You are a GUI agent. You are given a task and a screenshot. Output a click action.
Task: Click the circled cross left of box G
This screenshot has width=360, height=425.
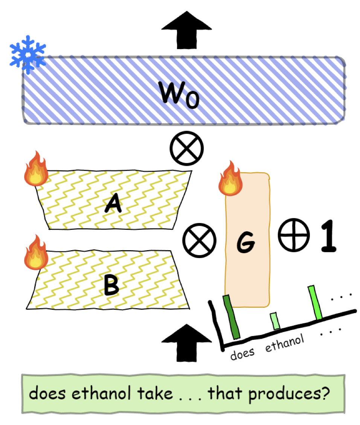199,241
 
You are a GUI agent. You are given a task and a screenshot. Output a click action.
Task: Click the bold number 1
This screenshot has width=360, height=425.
328,236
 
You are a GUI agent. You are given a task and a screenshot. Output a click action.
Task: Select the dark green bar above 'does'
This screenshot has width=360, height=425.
231,316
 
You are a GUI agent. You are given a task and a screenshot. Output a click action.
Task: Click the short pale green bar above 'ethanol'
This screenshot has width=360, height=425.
275,321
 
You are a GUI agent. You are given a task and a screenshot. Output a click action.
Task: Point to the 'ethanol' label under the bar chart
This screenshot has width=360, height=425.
284,343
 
